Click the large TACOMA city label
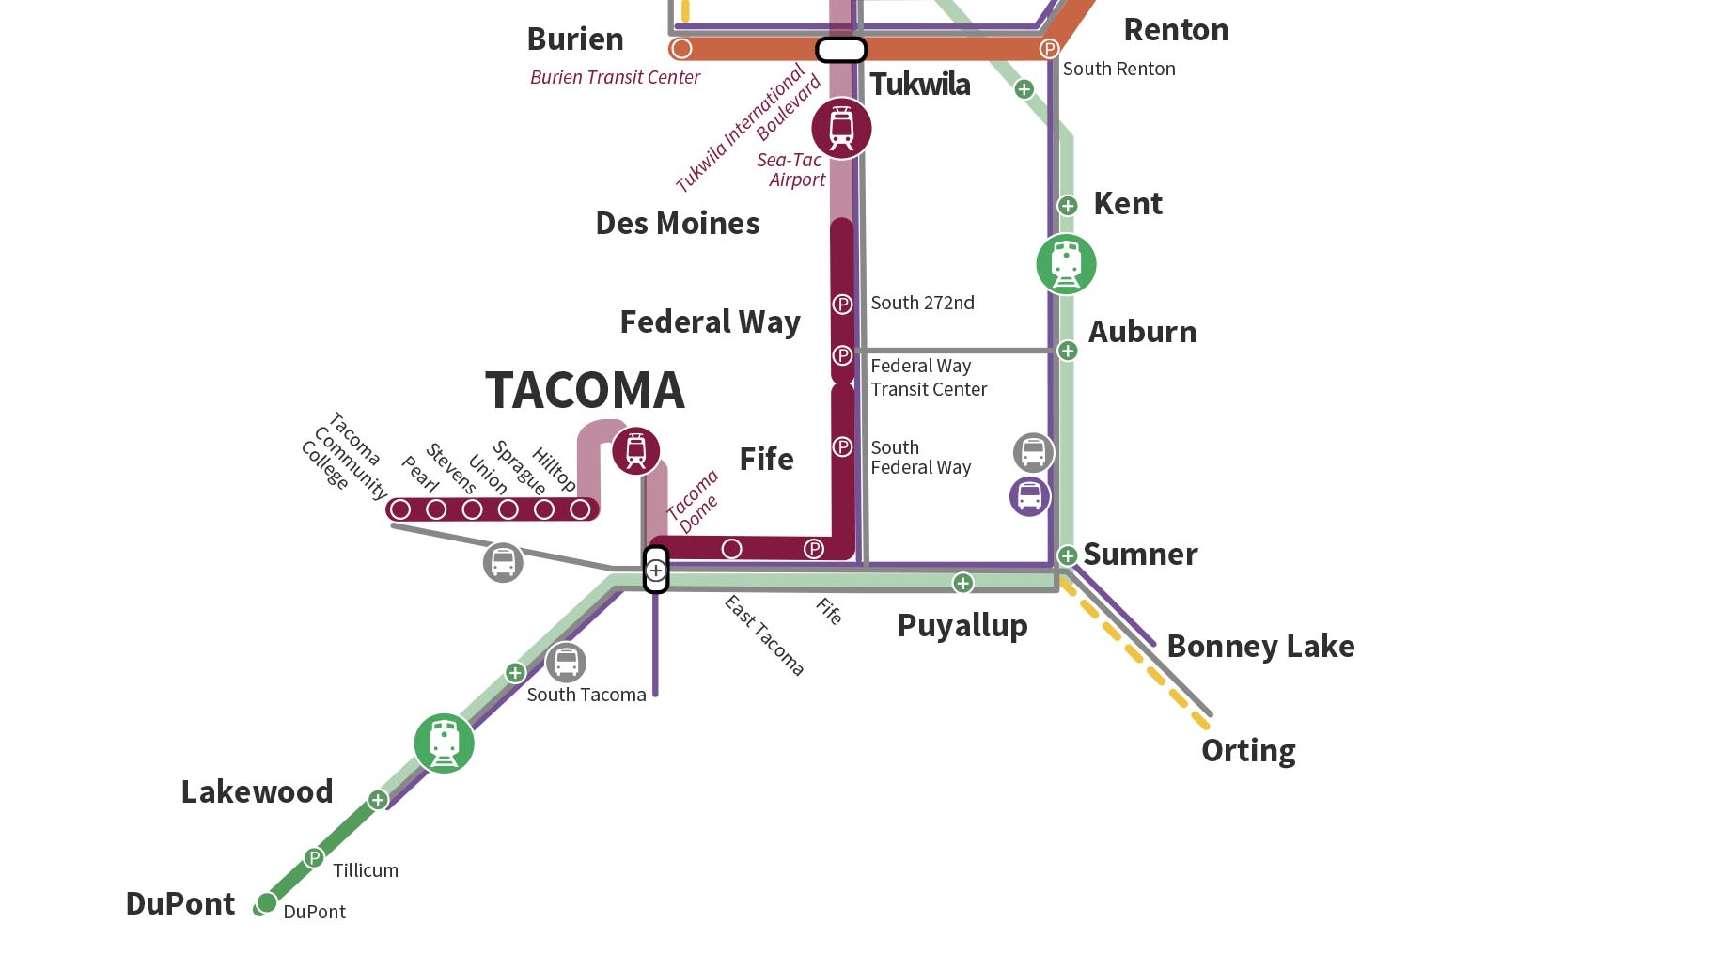(x=585, y=391)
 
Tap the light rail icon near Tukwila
(x=841, y=129)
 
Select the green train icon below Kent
(x=1066, y=264)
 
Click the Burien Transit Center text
(x=615, y=77)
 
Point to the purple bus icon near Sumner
(x=1029, y=496)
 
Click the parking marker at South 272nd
(x=842, y=305)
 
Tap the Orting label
(x=1248, y=751)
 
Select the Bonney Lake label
(x=1259, y=647)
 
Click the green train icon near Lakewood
(x=444, y=743)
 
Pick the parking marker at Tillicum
(x=314, y=858)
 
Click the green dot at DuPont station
(x=267, y=902)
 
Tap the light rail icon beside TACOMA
(x=636, y=451)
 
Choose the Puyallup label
(x=962, y=626)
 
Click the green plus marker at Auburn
(x=1068, y=351)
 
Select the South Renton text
(x=1118, y=69)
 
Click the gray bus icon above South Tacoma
(x=566, y=663)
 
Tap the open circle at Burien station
(x=681, y=48)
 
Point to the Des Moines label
(x=678, y=224)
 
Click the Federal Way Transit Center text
(x=928, y=378)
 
